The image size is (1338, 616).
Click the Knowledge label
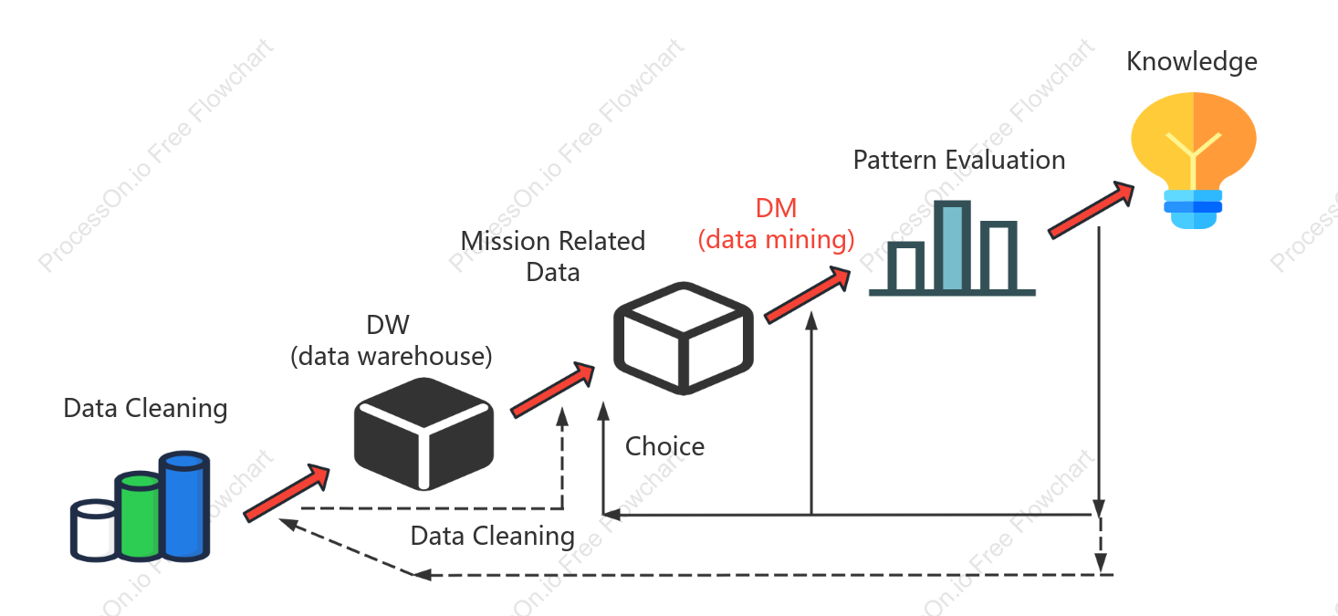point(1192,62)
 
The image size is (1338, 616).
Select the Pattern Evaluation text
point(959,160)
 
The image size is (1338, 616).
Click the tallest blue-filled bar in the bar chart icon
point(952,246)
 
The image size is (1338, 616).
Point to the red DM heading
point(776,208)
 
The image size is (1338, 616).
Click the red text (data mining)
point(776,240)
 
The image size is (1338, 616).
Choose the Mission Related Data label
point(553,256)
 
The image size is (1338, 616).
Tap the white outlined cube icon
point(684,339)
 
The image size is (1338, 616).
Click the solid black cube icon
point(424,433)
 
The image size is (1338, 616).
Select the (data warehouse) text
point(392,357)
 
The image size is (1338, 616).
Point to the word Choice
point(664,447)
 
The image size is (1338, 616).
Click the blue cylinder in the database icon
point(184,506)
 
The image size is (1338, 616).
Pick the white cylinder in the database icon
point(93,530)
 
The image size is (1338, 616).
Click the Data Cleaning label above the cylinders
point(145,409)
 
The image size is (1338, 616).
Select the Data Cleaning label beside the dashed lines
point(492,536)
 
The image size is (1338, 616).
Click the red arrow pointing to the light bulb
point(1092,210)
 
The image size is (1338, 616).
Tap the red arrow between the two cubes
point(553,390)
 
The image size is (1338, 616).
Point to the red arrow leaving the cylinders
point(287,493)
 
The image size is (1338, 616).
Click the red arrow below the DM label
point(808,295)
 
